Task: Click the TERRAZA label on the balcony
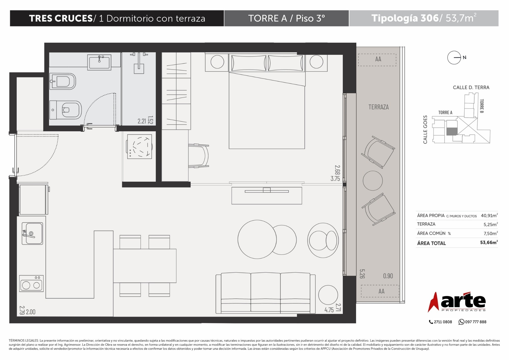click(x=378, y=107)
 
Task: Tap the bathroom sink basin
click(x=99, y=62)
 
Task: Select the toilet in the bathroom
click(x=66, y=110)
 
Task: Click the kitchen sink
click(x=32, y=233)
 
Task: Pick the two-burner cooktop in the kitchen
click(x=31, y=283)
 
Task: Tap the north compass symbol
click(x=454, y=58)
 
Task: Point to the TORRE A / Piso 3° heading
click(x=286, y=18)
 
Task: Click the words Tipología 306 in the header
click(x=405, y=18)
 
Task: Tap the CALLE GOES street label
click(x=425, y=130)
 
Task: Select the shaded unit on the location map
click(x=452, y=131)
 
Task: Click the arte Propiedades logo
click(x=457, y=302)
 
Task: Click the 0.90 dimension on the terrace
click(x=388, y=276)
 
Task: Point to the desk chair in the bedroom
click(x=199, y=156)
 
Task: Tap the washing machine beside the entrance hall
click(x=139, y=147)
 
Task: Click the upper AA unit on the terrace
click(x=377, y=60)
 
